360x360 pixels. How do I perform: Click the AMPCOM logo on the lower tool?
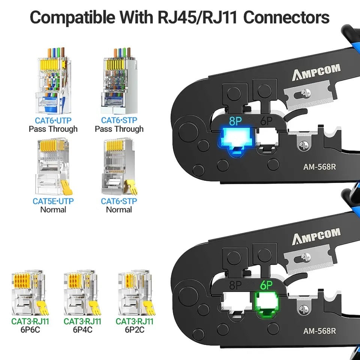(316, 237)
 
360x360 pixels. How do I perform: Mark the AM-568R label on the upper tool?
(319, 166)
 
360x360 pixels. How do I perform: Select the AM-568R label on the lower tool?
(319, 331)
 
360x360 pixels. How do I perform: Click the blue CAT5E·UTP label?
(53, 201)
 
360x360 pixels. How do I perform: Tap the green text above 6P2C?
(134, 321)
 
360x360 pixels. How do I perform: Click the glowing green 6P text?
(266, 285)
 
